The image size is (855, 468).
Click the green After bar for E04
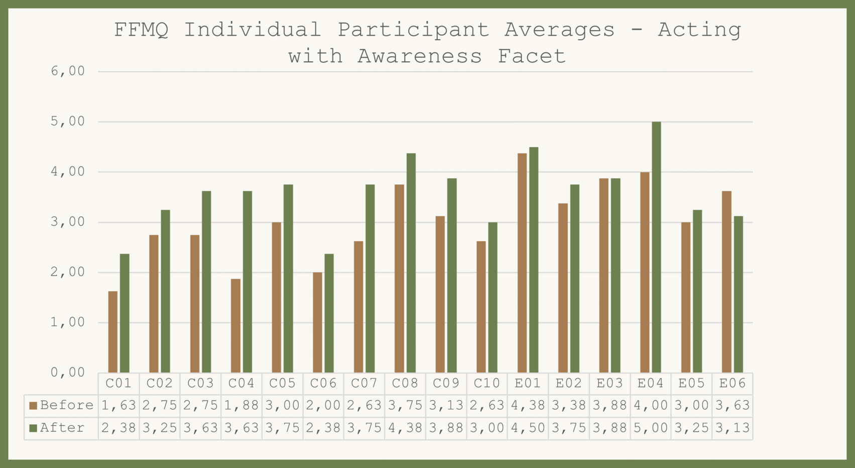(x=656, y=247)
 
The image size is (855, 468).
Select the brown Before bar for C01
(x=113, y=332)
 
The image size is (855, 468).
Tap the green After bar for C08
(x=411, y=263)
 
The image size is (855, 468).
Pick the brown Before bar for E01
(x=522, y=263)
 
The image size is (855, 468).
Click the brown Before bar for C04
(x=236, y=325)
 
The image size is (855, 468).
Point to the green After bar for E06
(x=738, y=294)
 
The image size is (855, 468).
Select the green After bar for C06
(x=329, y=313)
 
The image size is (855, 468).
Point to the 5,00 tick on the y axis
(x=68, y=122)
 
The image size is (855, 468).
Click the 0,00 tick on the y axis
(x=68, y=373)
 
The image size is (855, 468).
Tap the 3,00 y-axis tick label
(x=68, y=222)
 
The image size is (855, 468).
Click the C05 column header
(x=282, y=384)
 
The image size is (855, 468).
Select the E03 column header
(x=609, y=384)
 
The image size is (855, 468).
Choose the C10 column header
(x=486, y=384)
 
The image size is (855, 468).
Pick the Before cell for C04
(x=241, y=406)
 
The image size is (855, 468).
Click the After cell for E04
(x=651, y=428)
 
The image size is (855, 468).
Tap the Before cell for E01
(x=528, y=406)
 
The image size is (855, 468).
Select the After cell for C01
(x=118, y=428)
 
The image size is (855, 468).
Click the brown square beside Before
(x=34, y=406)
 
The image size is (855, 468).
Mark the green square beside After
(x=34, y=428)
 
